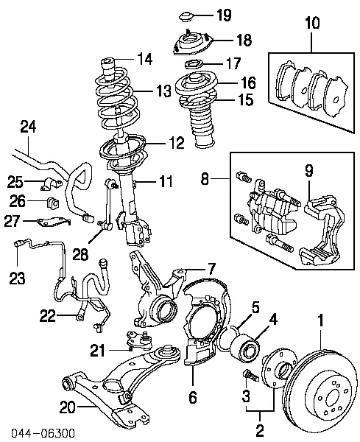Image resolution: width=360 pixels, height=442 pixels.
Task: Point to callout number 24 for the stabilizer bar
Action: (28, 127)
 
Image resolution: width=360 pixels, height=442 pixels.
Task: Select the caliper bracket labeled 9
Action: (324, 221)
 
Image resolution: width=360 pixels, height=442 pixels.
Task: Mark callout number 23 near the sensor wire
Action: (16, 278)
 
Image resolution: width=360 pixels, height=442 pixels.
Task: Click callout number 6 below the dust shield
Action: (193, 399)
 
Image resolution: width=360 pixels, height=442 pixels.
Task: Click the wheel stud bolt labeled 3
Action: (248, 376)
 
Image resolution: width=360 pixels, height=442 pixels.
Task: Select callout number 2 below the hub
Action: (258, 429)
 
